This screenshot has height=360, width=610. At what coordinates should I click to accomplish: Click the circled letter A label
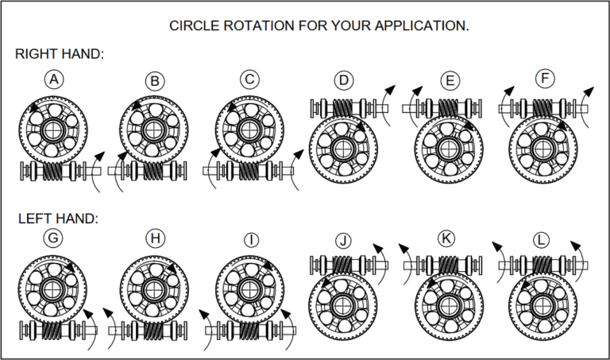point(54,79)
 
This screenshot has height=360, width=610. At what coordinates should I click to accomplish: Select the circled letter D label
point(343,79)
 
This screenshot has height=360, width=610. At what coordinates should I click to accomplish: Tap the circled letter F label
point(545,78)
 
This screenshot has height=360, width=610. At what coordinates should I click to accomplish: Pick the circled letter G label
point(54,239)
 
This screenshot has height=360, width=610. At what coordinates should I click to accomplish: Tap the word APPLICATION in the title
point(419,25)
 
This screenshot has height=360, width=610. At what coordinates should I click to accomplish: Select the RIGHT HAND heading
point(60,55)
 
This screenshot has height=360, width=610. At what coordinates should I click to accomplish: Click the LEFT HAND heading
point(56,218)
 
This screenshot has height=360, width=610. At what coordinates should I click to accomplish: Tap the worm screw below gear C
point(249,170)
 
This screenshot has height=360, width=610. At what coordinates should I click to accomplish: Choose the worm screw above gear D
point(343,106)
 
